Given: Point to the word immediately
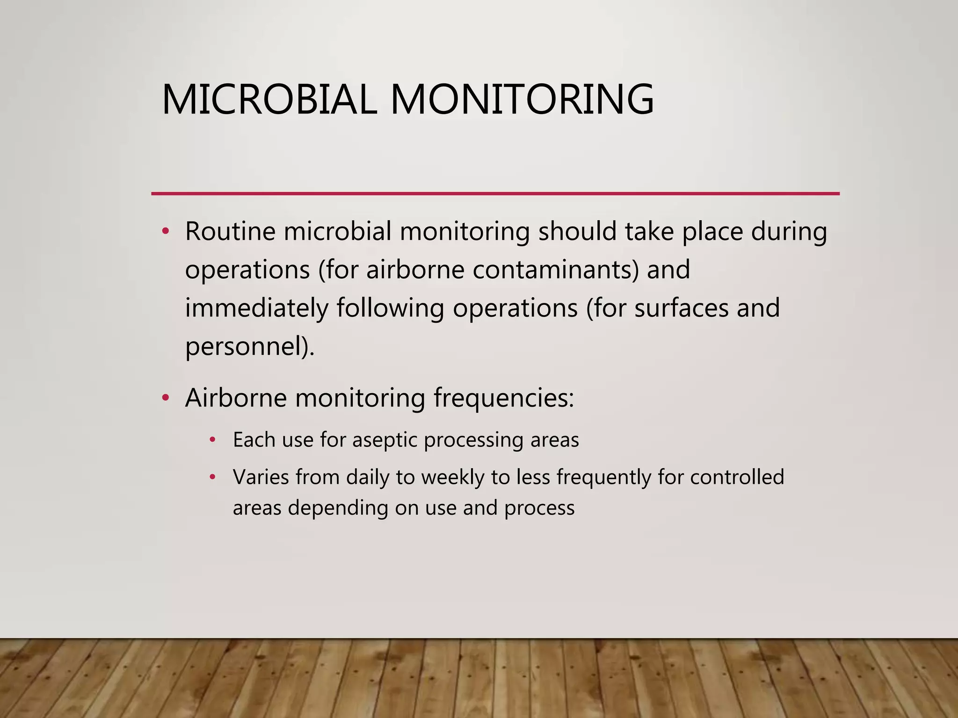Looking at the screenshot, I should tap(257, 309).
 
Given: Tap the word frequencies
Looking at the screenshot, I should tap(503, 398).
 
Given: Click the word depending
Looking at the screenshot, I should tap(338, 508).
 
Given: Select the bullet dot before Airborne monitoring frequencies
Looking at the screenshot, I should tap(165, 398).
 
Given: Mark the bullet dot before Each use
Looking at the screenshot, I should tap(213, 440).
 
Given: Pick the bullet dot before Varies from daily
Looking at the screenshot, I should tap(213, 477).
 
